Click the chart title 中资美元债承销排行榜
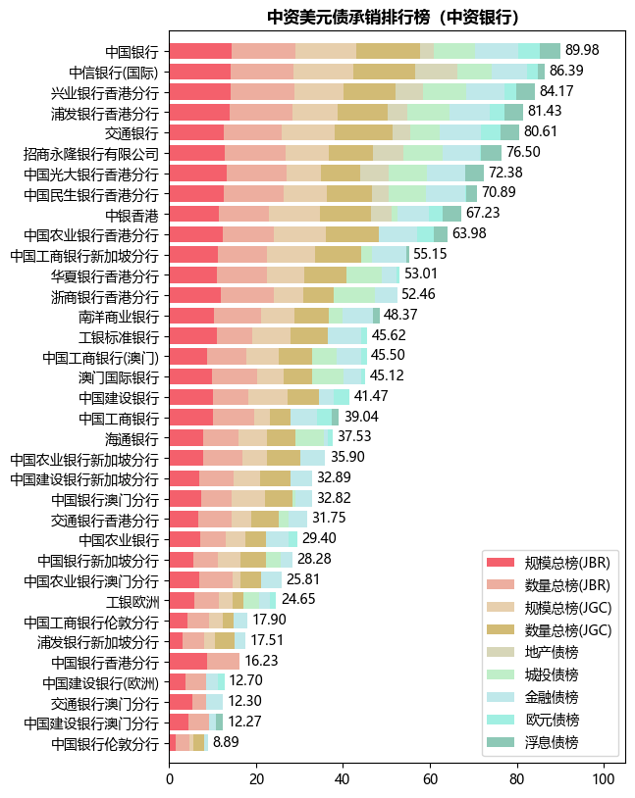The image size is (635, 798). [393, 17]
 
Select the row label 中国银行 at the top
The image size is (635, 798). [132, 51]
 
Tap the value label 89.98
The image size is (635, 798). [582, 50]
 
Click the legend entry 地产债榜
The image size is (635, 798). [552, 652]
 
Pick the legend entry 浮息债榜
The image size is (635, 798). [552, 742]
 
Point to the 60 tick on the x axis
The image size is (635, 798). [430, 779]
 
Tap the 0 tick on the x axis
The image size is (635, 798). [170, 779]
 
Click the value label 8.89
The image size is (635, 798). [226, 742]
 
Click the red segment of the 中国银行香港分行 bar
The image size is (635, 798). [188, 661]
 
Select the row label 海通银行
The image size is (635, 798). [132, 437]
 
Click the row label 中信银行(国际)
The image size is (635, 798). [114, 72]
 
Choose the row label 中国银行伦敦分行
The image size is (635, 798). [104, 743]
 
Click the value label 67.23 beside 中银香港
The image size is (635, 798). [483, 214]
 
